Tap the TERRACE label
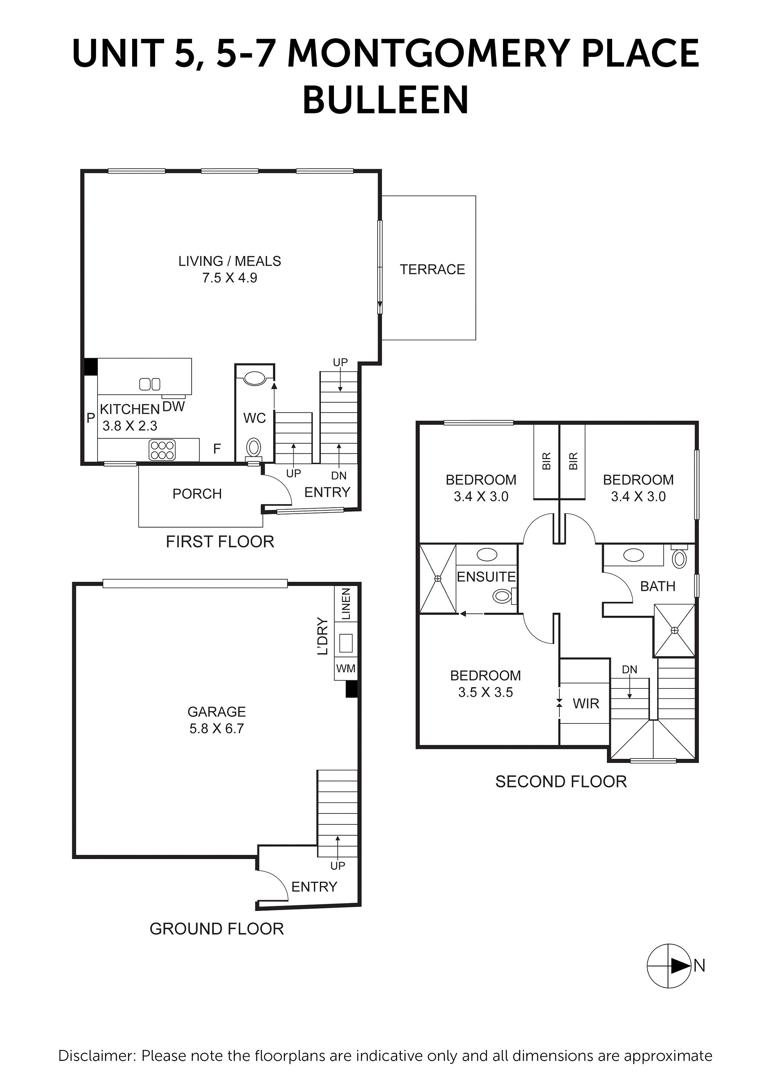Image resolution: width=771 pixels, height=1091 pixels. coord(432,269)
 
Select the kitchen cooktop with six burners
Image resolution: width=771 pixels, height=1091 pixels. coord(162,450)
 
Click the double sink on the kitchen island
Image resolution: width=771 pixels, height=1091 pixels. coord(149,384)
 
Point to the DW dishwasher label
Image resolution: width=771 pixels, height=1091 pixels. coord(174,406)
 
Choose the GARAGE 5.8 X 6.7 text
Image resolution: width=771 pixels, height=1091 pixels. coord(216,720)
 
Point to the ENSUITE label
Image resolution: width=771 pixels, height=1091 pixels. coord(486,577)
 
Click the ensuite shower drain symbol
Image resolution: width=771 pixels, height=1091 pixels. coord(437,578)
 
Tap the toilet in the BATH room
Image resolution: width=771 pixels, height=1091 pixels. coord(679,559)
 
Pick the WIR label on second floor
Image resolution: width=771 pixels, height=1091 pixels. coord(586,704)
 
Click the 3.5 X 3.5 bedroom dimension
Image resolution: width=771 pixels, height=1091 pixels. coord(486,692)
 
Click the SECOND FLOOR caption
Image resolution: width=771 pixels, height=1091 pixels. coord(561,782)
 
